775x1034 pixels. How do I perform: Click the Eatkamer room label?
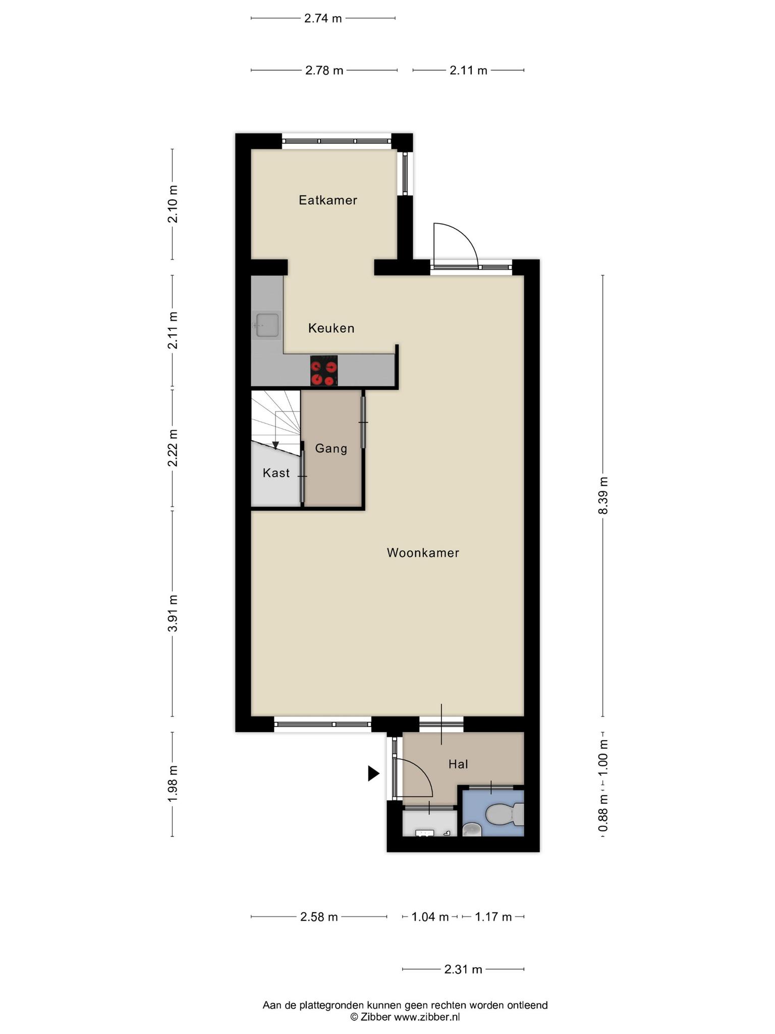coord(328,200)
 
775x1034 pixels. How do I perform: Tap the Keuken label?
coord(331,328)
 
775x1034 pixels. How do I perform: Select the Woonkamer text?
coord(423,553)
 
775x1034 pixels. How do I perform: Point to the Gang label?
coord(331,448)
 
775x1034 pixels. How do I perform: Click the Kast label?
coord(276,473)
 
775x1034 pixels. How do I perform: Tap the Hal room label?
coord(458,764)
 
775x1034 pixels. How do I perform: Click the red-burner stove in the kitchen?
coord(324,371)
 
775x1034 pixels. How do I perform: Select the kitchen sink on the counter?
coord(267,325)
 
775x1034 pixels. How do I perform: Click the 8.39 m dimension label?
coord(603,496)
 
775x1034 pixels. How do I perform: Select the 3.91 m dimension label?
coord(173,613)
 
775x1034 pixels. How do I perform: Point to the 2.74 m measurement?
coord(323,19)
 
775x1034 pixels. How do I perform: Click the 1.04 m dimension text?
coord(430,917)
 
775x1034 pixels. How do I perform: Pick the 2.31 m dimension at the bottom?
coord(463,969)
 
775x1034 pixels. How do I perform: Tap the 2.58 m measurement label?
coord(319,917)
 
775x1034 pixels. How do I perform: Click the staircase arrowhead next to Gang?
coord(275,445)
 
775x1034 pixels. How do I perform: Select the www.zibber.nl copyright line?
coord(405,1017)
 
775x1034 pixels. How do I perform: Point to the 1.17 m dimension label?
coord(493,917)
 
